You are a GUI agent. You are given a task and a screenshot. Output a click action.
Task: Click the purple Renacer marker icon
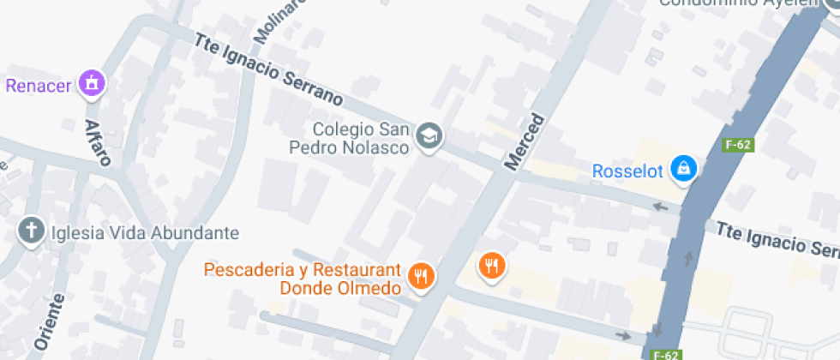tap(89, 83)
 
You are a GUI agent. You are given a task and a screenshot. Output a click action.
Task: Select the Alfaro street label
tap(97, 141)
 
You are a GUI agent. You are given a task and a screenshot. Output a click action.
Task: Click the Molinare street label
tap(268, 21)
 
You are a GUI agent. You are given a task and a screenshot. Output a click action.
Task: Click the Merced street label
tap(525, 141)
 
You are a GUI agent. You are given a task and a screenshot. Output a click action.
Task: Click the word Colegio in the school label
tap(343, 129)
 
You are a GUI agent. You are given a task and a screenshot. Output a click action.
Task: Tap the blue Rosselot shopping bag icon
tap(683, 168)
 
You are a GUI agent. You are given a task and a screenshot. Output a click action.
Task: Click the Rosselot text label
tap(628, 171)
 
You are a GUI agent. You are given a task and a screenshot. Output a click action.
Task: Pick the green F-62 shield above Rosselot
tap(737, 145)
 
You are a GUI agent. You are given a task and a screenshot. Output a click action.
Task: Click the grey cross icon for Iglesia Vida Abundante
tap(32, 231)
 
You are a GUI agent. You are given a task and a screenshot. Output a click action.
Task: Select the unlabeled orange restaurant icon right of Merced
tap(490, 266)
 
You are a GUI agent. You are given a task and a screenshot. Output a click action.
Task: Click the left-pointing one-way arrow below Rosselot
tap(661, 207)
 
